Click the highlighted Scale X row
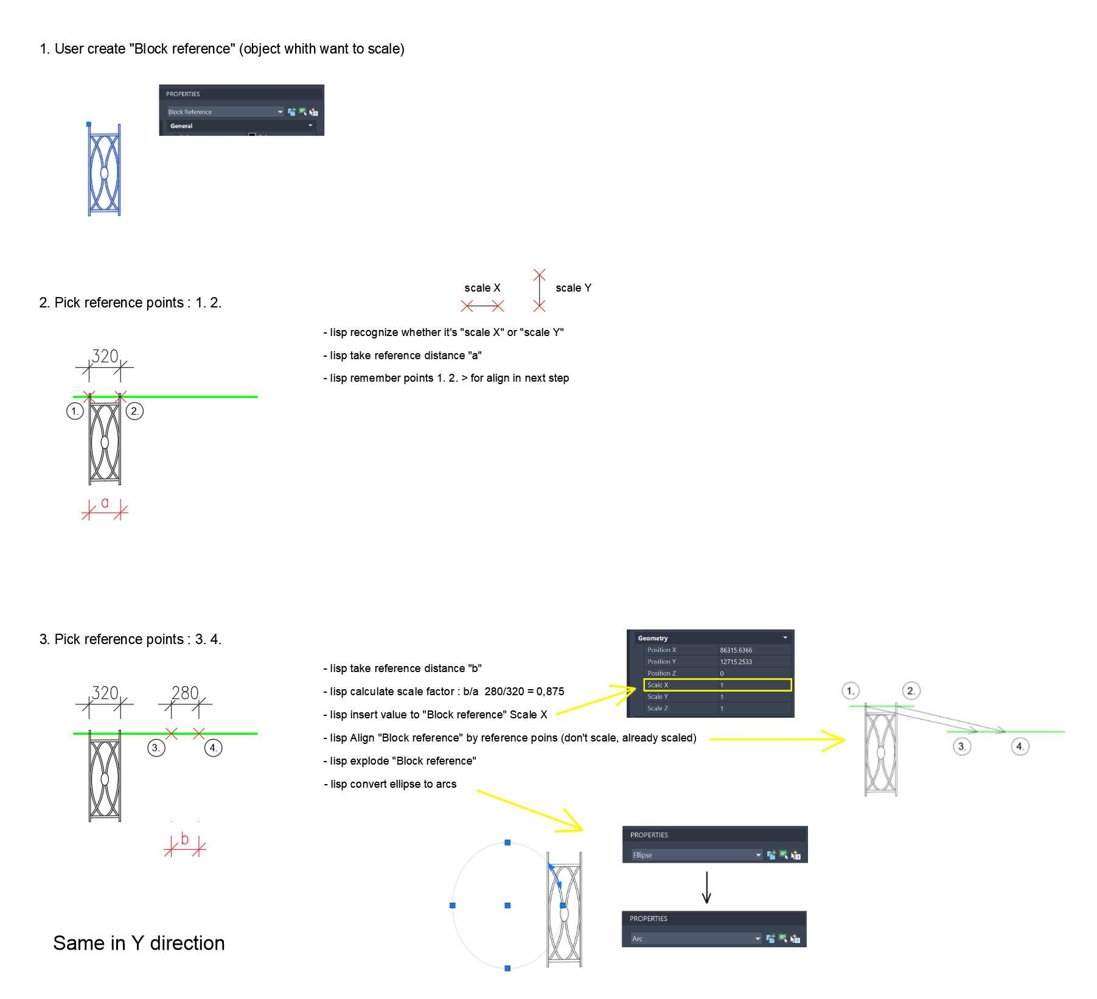click(717, 685)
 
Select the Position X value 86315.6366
click(736, 650)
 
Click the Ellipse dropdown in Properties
click(696, 855)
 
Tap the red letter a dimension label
click(105, 503)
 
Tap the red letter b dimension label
click(185, 839)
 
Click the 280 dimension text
click(185, 693)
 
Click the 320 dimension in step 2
click(105, 356)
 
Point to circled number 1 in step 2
click(74, 411)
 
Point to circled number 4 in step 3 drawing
click(213, 748)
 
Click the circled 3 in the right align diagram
click(961, 746)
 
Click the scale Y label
click(573, 288)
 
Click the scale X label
click(482, 288)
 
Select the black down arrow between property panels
click(706, 888)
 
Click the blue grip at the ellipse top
click(507, 843)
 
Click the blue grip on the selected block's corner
click(89, 124)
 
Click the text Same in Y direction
click(139, 943)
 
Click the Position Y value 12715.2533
click(736, 662)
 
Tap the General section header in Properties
click(181, 126)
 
